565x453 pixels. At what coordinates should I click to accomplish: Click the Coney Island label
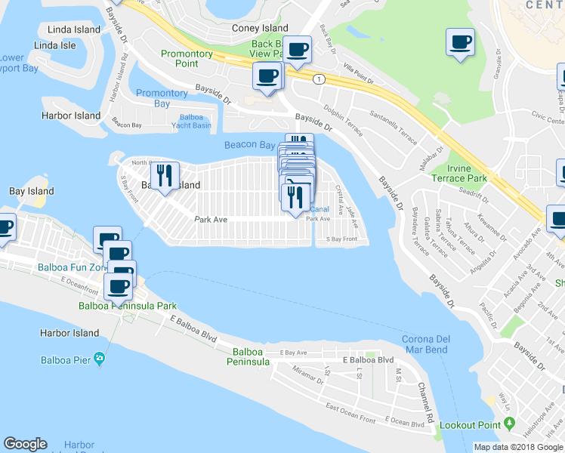click(x=260, y=28)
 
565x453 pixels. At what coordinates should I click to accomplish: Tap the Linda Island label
click(x=74, y=29)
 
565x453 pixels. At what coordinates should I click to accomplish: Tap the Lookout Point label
click(x=475, y=426)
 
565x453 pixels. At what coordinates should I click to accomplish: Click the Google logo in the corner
click(x=25, y=444)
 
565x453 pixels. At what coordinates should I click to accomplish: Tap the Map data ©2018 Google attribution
click(x=518, y=447)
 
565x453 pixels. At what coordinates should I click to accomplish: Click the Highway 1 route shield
click(x=320, y=79)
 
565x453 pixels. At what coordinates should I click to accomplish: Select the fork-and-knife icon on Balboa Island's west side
click(x=164, y=176)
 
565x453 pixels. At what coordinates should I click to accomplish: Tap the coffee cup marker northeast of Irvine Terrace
click(x=459, y=42)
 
